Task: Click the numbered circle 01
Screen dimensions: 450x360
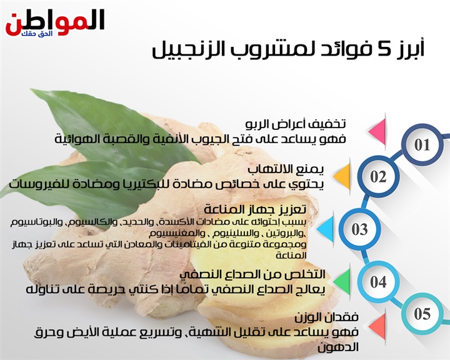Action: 422,145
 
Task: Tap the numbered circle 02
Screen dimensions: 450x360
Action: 378,176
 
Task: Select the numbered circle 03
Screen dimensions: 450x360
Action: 359,229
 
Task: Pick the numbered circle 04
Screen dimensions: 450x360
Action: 378,282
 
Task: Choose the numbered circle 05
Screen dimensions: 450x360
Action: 422,313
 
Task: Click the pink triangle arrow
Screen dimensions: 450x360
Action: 377,131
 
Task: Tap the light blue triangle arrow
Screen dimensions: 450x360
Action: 326,229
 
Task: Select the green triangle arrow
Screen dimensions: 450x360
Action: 342,282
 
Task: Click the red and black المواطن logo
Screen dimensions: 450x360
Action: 54,23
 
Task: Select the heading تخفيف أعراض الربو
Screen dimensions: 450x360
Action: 296,124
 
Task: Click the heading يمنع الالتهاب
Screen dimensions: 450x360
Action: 286,169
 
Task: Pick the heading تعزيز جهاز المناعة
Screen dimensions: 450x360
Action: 255,209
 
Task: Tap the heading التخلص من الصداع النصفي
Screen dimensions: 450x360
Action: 252,274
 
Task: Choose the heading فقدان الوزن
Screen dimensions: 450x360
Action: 327,317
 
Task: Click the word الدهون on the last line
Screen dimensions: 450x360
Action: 338,347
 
